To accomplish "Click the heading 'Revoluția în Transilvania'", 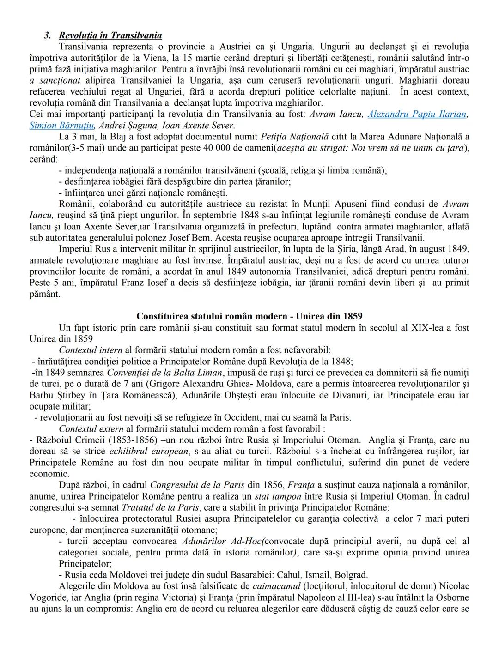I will pyautogui.click(x=110, y=36).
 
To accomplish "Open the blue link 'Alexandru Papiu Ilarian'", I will pyautogui.click(x=417, y=114).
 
